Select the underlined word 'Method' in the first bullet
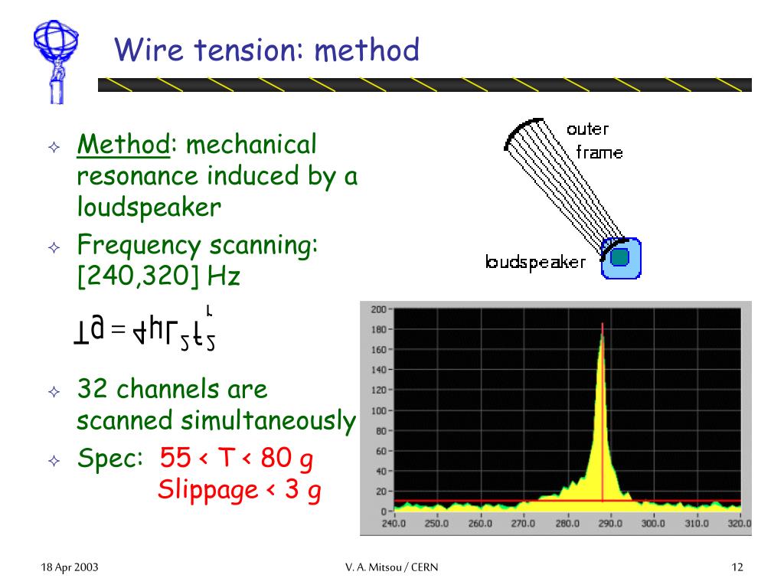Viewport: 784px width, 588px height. [x=122, y=144]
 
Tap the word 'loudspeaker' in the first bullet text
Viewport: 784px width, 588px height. [x=148, y=207]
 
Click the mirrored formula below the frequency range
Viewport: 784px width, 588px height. [x=143, y=330]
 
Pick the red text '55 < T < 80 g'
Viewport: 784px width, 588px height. [x=236, y=459]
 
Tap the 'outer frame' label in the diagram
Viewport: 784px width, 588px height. [x=593, y=140]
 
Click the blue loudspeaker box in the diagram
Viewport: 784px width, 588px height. [x=620, y=258]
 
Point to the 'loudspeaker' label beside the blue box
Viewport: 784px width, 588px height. [x=535, y=263]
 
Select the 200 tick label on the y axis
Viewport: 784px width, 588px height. [x=377, y=309]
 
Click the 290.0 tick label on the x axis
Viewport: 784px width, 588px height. [x=610, y=524]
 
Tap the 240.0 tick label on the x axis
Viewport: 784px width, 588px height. [x=394, y=524]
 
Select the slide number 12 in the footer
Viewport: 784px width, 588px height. [x=737, y=567]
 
